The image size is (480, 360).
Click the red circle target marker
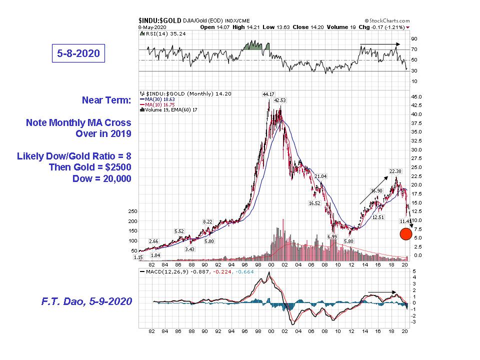[406, 233]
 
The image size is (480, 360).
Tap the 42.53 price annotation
[280, 100]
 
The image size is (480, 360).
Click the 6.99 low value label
[331, 236]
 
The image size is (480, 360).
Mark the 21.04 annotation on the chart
[320, 176]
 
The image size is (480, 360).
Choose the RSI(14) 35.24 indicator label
[161, 34]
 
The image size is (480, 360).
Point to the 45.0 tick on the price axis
[416, 96]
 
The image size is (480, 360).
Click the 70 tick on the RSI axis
[414, 49]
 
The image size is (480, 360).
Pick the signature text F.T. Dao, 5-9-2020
[85, 301]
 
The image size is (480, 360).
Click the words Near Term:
[106, 100]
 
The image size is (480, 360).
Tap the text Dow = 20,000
[102, 178]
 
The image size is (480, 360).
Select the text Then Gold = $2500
[90, 167]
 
